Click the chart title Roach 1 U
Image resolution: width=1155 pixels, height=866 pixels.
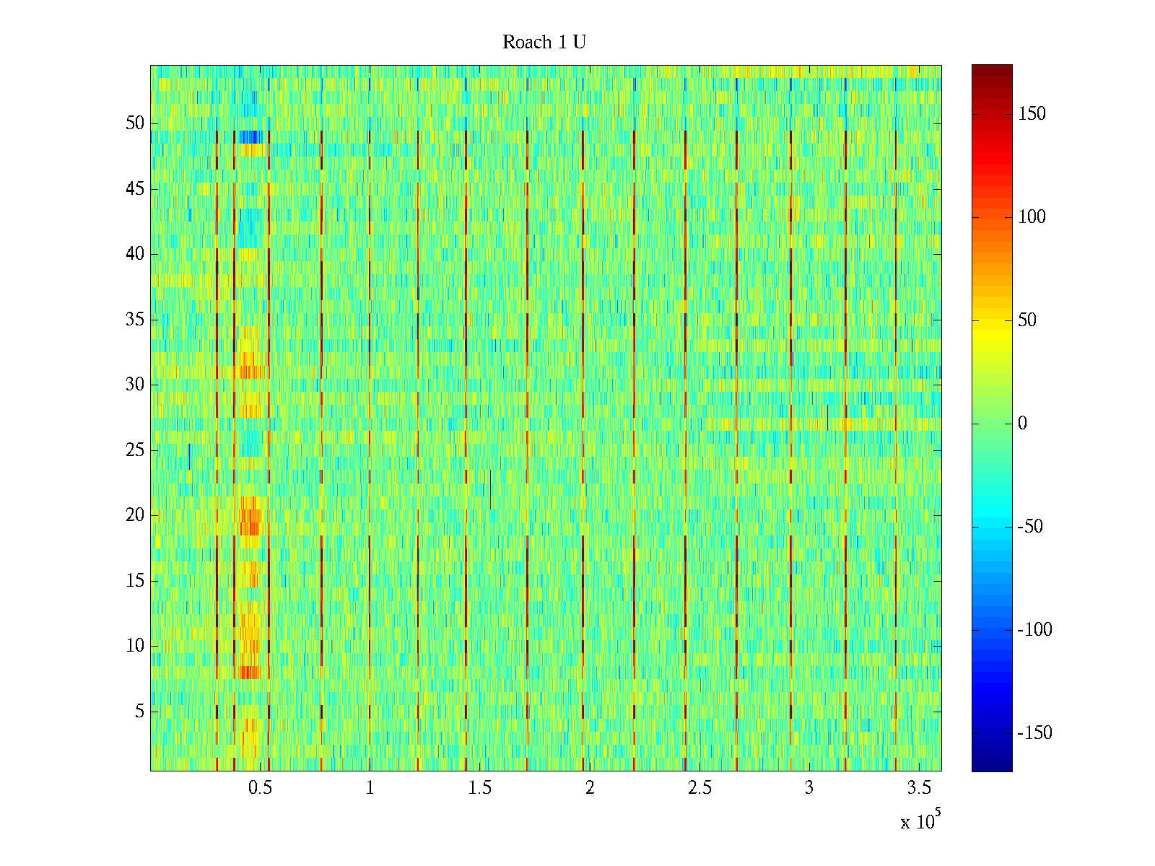[544, 43]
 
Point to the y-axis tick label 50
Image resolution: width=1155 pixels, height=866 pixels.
[135, 123]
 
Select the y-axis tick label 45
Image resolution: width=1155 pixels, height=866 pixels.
[135, 189]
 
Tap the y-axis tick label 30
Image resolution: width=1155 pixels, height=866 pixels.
[135, 385]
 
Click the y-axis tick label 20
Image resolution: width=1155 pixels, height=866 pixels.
[135, 515]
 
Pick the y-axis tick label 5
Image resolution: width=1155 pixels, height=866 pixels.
[139, 712]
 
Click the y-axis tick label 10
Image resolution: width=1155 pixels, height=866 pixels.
[135, 646]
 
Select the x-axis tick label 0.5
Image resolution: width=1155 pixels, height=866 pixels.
[260, 788]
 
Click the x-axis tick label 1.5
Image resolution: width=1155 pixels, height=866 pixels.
[479, 788]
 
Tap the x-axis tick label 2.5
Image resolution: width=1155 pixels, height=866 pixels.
[699, 788]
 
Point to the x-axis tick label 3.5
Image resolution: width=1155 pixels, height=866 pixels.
[918, 788]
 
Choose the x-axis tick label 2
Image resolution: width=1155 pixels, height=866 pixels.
[590, 788]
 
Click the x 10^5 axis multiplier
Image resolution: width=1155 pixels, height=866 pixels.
[920, 821]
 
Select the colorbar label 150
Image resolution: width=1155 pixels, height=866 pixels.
[1032, 114]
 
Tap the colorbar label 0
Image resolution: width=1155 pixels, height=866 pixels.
[1022, 424]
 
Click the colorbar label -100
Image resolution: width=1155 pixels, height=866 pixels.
[1034, 630]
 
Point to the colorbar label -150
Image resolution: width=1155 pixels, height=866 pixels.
[1034, 733]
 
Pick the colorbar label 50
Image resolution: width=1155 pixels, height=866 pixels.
[1027, 320]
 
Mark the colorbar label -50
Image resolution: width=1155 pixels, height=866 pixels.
[1030, 527]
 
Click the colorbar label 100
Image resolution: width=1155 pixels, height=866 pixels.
[1032, 217]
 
